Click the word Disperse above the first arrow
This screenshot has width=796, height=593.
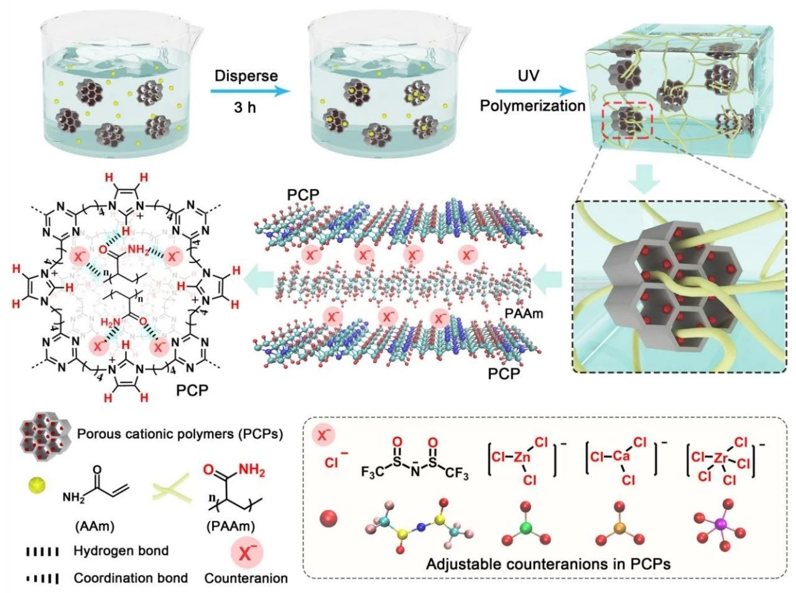coord(246,76)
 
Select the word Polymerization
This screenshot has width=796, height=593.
coord(533,105)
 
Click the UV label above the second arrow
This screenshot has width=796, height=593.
coord(529,76)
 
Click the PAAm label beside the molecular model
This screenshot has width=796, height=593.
coord(525,314)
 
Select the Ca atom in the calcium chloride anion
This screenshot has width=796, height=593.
coord(618,457)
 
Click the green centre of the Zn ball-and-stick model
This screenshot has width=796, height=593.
coord(527,528)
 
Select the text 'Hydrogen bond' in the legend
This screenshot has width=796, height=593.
coord(121,551)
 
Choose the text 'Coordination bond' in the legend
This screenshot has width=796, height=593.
coord(131,578)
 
